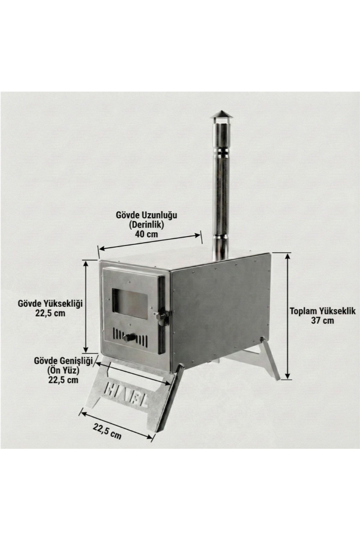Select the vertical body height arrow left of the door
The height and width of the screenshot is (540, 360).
pos(86,306)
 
